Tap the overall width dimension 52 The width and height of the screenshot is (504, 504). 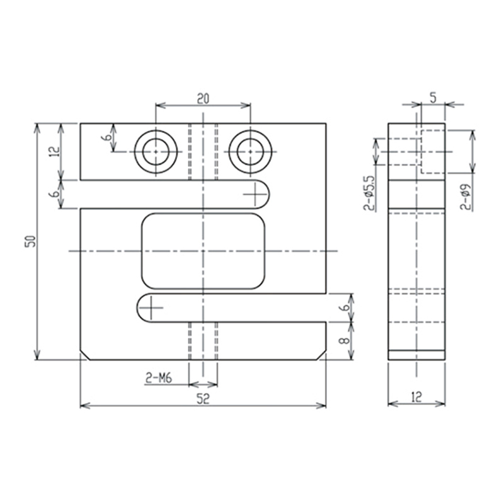pos(203,398)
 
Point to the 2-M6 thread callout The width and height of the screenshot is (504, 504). pos(159,378)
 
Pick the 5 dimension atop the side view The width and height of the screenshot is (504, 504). pos(433,97)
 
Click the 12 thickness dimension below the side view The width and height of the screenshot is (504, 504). pos(416,397)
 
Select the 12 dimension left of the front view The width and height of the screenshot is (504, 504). pos(54,151)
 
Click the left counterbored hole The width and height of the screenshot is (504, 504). pos(156,152)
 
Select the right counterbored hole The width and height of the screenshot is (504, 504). pos(250,152)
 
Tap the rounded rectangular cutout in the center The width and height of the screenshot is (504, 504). pos(203,251)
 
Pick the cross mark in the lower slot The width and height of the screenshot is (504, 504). pos(151,307)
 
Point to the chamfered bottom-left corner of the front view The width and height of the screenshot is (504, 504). pos(84,355)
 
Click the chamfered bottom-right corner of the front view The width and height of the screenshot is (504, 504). pos(322,355)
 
